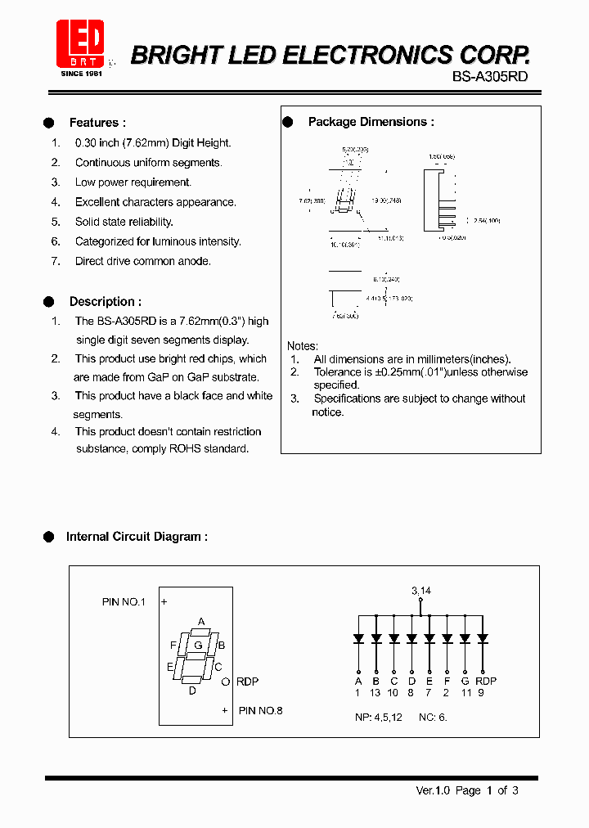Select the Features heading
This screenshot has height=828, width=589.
pyautogui.click(x=97, y=123)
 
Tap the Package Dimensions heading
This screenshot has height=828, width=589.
pyautogui.click(x=371, y=122)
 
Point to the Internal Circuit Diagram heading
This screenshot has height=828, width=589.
pyautogui.click(x=137, y=537)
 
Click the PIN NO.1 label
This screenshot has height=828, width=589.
pyautogui.click(x=124, y=601)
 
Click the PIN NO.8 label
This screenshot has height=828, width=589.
pyautogui.click(x=260, y=711)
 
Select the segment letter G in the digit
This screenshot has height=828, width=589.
pyautogui.click(x=197, y=645)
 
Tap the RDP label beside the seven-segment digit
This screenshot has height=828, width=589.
pyautogui.click(x=247, y=681)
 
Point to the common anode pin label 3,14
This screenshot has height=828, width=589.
pyautogui.click(x=420, y=590)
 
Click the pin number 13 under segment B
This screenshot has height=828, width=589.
pyautogui.click(x=375, y=693)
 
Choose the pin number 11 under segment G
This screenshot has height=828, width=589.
pyautogui.click(x=465, y=693)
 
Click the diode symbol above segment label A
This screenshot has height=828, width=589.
pyautogui.click(x=357, y=638)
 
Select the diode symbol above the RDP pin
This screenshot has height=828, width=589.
pyautogui.click(x=483, y=638)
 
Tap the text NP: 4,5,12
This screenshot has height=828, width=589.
pyautogui.click(x=377, y=717)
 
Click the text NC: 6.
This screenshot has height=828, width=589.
pyautogui.click(x=434, y=717)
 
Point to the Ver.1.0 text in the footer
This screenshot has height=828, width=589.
pyautogui.click(x=434, y=790)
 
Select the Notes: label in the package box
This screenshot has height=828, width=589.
pyautogui.click(x=303, y=346)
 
